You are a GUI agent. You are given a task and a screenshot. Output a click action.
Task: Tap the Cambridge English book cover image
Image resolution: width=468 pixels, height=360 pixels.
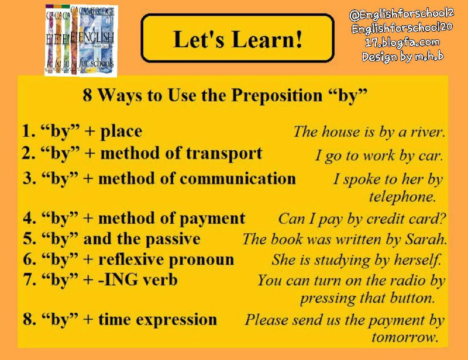point(81,40)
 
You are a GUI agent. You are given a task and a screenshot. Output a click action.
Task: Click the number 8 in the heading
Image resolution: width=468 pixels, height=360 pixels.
point(87,95)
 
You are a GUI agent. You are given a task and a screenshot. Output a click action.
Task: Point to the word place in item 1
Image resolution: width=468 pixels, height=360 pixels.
point(121,131)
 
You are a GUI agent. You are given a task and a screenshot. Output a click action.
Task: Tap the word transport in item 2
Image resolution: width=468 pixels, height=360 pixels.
point(224,154)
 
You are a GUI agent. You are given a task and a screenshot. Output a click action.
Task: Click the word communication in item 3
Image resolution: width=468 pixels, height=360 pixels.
point(238,179)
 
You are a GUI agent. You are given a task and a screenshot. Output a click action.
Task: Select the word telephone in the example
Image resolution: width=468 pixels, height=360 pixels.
point(402,197)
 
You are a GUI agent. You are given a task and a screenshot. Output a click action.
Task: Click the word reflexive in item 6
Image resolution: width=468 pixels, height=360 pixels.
point(131,259)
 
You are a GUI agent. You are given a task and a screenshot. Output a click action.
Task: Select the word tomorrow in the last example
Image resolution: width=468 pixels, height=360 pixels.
point(405,337)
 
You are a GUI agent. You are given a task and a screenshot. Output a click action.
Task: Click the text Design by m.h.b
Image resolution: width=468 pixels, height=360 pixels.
point(402,56)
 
